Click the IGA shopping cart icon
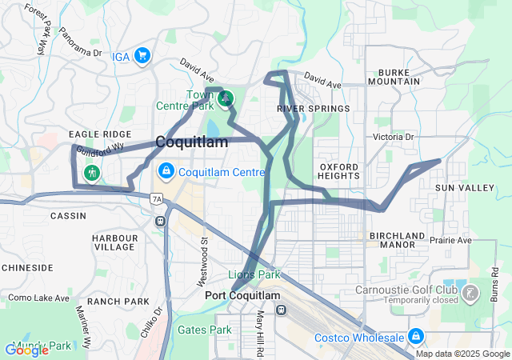[142, 55]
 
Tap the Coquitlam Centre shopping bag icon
[166, 171]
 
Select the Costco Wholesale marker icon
[415, 337]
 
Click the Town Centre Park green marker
[226, 98]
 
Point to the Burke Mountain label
[394, 76]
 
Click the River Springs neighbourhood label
[314, 108]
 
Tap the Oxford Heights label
[338, 170]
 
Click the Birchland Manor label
[398, 241]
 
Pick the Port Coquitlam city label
[243, 295]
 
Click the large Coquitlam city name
[191, 142]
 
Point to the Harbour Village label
[114, 243]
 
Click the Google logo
[27, 350]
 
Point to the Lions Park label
[254, 274]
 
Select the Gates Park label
[204, 329]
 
